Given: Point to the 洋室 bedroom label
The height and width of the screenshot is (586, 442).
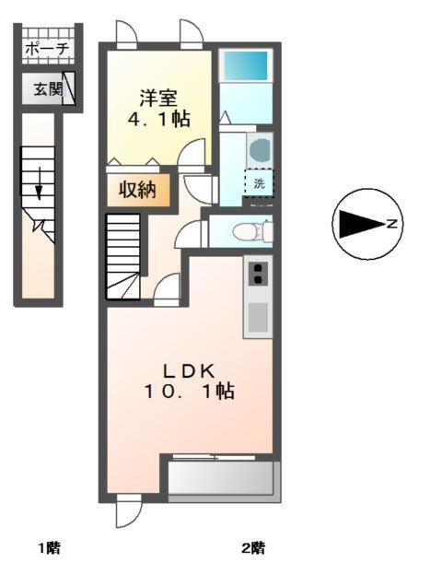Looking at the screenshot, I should (158, 97).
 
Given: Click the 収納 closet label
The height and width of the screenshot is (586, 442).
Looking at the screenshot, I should (137, 191).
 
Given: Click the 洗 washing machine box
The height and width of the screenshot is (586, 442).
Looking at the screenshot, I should (259, 182).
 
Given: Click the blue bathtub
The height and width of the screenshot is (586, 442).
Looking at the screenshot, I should (246, 67).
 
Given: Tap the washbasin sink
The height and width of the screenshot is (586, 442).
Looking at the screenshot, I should (259, 149).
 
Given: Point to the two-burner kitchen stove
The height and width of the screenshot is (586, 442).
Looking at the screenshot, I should (259, 273).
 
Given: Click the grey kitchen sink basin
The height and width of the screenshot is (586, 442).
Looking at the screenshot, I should (259, 316).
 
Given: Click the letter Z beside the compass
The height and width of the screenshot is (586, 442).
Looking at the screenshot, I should (391, 224).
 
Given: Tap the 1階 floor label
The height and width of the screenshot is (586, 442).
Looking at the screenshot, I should (50, 549).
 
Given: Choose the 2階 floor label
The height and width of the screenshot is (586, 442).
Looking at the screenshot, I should (253, 549).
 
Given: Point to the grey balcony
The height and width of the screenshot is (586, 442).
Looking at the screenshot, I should (221, 478).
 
